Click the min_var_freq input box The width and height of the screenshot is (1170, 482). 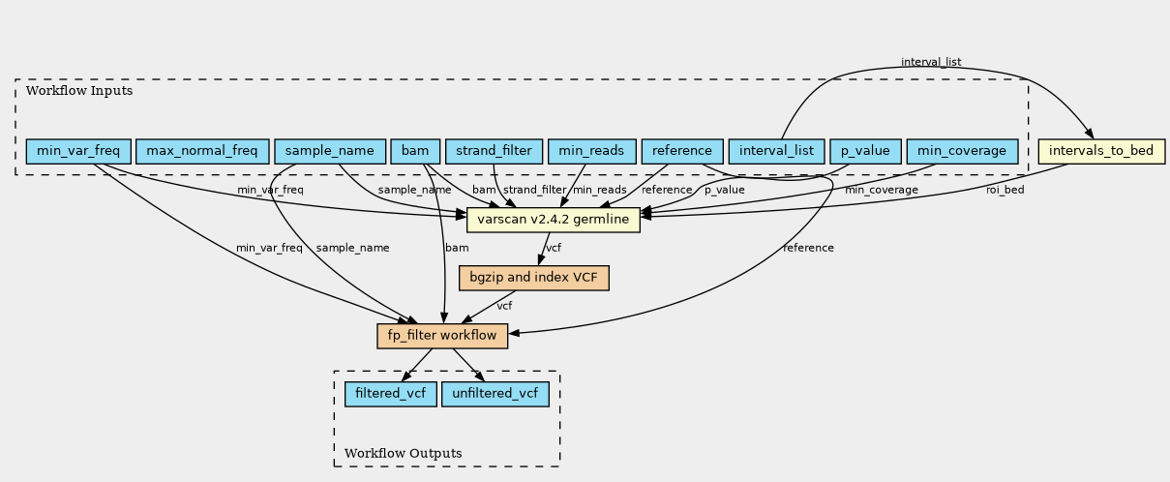point(78,151)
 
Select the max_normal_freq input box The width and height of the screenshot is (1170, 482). point(202,151)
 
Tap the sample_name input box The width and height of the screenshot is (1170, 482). point(330,151)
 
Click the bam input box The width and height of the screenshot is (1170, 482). point(415,151)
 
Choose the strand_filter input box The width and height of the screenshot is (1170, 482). point(495,151)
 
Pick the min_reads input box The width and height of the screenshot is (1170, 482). point(592,151)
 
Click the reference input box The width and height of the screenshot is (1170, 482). point(682,151)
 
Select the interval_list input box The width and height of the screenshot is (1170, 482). point(776,151)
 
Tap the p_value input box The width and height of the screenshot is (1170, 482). point(865,151)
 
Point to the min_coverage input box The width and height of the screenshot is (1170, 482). point(962,151)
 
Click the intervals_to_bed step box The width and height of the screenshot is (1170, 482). point(1101,151)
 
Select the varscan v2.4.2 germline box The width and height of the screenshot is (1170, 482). point(554,220)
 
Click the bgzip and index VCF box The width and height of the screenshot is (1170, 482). point(534,278)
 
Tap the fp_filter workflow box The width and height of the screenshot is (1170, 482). point(442,336)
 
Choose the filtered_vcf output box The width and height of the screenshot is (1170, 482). point(391,394)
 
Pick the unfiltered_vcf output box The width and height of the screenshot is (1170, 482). point(495,394)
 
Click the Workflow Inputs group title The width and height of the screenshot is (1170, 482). point(79,91)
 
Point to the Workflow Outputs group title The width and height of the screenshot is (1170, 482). point(404,453)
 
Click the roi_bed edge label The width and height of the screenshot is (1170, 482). point(1005,190)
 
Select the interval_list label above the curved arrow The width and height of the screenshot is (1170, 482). point(931,62)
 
